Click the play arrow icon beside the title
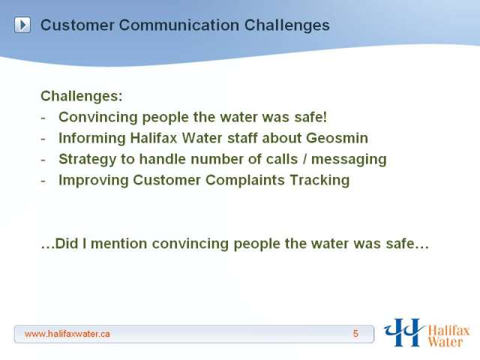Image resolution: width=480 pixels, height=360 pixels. pyautogui.click(x=22, y=25)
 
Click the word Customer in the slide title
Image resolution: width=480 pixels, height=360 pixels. pyautogui.click(x=77, y=25)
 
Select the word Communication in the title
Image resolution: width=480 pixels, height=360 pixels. pyautogui.click(x=179, y=25)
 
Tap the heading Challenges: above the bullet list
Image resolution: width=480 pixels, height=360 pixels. pyautogui.click(x=82, y=96)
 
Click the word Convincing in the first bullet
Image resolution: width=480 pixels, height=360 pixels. pyautogui.click(x=98, y=117)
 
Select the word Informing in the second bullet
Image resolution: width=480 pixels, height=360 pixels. pyautogui.click(x=91, y=138)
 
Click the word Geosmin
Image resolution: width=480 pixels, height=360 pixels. pyautogui.click(x=337, y=138)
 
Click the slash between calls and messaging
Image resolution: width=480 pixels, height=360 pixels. pyautogui.click(x=304, y=159)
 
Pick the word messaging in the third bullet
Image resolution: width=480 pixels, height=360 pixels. pyautogui.click(x=349, y=160)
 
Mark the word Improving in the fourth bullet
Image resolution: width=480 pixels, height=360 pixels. pyautogui.click(x=93, y=180)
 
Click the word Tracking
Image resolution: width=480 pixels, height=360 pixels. pyautogui.click(x=319, y=180)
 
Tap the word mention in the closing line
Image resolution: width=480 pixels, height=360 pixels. pyautogui.click(x=119, y=244)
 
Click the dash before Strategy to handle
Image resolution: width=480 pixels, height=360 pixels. pyautogui.click(x=43, y=160)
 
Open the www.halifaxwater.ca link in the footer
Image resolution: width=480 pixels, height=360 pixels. pyautogui.click(x=67, y=334)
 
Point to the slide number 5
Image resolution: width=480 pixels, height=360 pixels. pyautogui.click(x=355, y=334)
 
